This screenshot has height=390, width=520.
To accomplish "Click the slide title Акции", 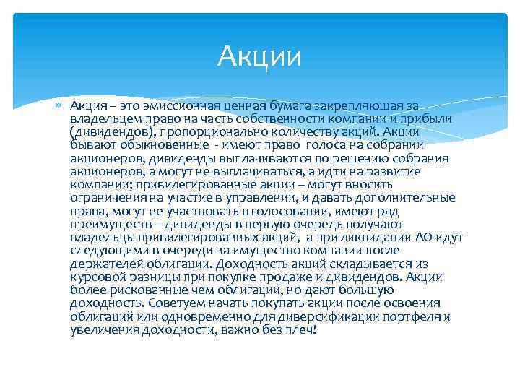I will coord(260,56).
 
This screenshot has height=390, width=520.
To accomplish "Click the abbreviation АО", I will coord(424,236).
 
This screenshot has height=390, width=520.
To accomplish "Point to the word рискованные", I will coord(139,289).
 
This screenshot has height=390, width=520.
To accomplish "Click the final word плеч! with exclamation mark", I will coord(301,329).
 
